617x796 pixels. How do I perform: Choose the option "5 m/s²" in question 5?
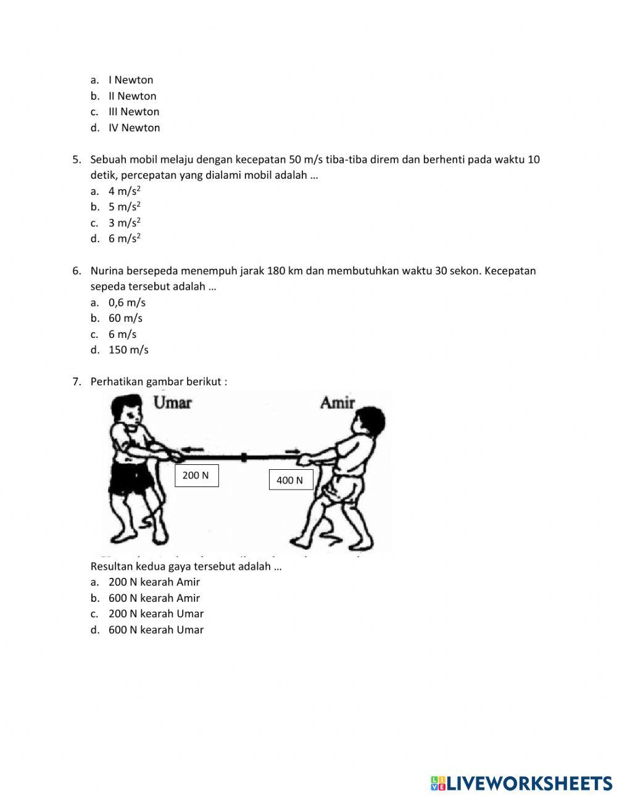125,207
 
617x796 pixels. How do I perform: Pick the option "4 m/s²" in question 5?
125,191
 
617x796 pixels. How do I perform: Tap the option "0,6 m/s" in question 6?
126,302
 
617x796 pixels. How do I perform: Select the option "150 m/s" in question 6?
128,350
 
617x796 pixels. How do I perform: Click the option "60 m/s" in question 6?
125,318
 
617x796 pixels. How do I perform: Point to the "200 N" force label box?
196,475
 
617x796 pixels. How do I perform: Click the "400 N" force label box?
290,480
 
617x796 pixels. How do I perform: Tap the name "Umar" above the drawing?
172,403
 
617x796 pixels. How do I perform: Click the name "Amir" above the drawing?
337,403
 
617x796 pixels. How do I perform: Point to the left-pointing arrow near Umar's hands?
193,448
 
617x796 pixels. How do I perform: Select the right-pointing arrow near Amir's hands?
293,451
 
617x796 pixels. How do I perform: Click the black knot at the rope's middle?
244,457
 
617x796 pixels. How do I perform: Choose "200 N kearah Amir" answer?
154,581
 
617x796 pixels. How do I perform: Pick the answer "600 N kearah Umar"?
155,630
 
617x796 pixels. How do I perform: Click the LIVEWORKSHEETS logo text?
521,782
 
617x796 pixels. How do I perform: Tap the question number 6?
76,271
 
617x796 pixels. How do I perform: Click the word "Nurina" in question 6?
107,271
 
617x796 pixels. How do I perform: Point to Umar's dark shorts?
131,478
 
